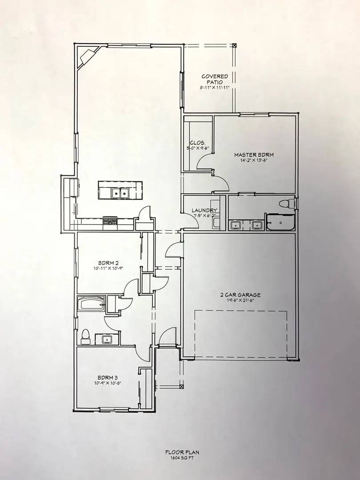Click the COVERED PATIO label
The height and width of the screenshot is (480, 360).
[x=214, y=79]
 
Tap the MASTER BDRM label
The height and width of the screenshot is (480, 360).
[x=254, y=155]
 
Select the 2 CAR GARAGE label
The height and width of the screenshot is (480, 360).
[x=240, y=295]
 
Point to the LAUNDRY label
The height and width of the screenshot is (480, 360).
[x=204, y=210]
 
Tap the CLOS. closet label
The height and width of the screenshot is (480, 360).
[x=196, y=143]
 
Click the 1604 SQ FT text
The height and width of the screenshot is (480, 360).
[x=180, y=457]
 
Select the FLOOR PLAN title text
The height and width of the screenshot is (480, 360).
[x=180, y=452]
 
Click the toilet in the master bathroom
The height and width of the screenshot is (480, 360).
[x=285, y=204]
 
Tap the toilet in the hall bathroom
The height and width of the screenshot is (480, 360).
[x=85, y=336]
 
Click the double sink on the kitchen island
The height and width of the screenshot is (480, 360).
[x=120, y=193]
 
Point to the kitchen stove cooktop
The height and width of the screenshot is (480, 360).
[x=110, y=220]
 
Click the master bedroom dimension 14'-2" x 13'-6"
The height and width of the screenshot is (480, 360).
[x=254, y=161]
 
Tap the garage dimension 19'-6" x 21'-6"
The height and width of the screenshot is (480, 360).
[x=240, y=300]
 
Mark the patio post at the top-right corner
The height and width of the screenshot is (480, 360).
[x=234, y=45]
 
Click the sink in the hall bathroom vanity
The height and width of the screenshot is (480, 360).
[x=107, y=340]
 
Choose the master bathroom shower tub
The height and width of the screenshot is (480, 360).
[x=280, y=222]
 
